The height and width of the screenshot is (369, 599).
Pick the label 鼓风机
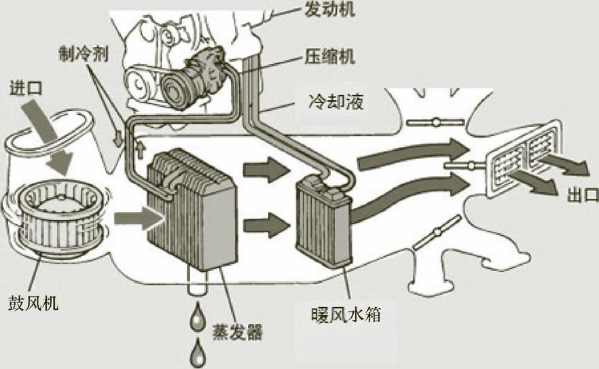(33, 301)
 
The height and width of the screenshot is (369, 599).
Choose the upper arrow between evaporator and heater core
(265, 170)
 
